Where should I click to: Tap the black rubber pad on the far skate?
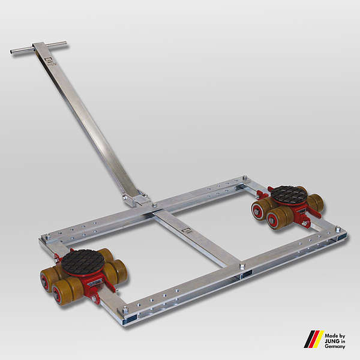click(x=289, y=195)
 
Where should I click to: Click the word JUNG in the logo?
click(x=332, y=341)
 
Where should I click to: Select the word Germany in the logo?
click(x=335, y=346)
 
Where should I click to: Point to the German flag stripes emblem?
click(x=314, y=339)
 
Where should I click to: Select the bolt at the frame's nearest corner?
click(x=125, y=310)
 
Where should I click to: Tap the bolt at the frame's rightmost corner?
click(x=338, y=229)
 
